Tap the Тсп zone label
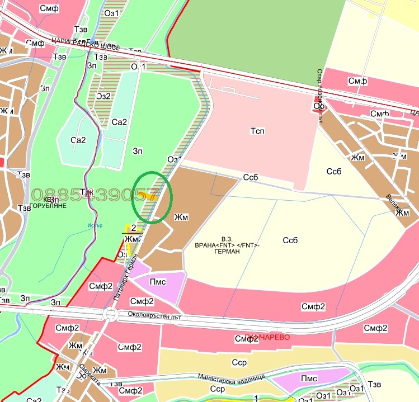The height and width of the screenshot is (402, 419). point(257,131)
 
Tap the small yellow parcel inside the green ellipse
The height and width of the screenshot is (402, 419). point(148,195)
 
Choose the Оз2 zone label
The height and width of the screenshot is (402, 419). point(103,96)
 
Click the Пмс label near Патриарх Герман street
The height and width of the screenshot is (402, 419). point(158,281)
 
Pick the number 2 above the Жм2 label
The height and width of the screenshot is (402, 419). point(133,228)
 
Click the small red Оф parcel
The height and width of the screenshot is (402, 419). point(319,105)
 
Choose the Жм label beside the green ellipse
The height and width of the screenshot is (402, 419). point(181,216)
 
